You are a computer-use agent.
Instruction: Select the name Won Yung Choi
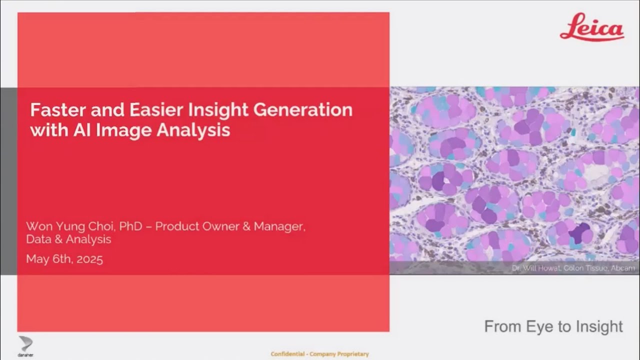(x=70, y=226)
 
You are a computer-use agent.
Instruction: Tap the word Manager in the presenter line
(x=278, y=226)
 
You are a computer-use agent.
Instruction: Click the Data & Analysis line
(x=68, y=239)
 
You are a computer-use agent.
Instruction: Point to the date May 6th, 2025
(x=64, y=259)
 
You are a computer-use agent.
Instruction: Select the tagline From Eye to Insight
(x=553, y=326)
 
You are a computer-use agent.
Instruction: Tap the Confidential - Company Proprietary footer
(x=319, y=354)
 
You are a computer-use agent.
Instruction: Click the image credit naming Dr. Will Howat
(x=573, y=268)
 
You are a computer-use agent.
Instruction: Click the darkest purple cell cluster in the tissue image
(x=580, y=233)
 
